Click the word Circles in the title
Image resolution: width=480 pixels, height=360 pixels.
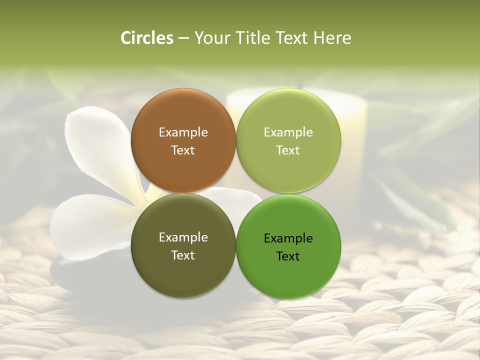point(147,38)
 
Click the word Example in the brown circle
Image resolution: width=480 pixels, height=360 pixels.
point(183,132)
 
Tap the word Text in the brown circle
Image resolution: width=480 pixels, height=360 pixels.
point(183,150)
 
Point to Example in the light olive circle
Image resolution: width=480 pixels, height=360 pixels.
point(288,132)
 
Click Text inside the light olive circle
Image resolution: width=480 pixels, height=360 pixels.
point(288,150)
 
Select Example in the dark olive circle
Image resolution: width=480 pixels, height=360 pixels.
point(183,237)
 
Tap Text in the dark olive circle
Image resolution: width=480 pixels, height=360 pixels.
point(183,255)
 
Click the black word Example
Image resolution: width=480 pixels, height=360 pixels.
point(288,238)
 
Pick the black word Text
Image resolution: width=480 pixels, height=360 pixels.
point(288,256)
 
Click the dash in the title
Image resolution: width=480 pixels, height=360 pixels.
point(183,38)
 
